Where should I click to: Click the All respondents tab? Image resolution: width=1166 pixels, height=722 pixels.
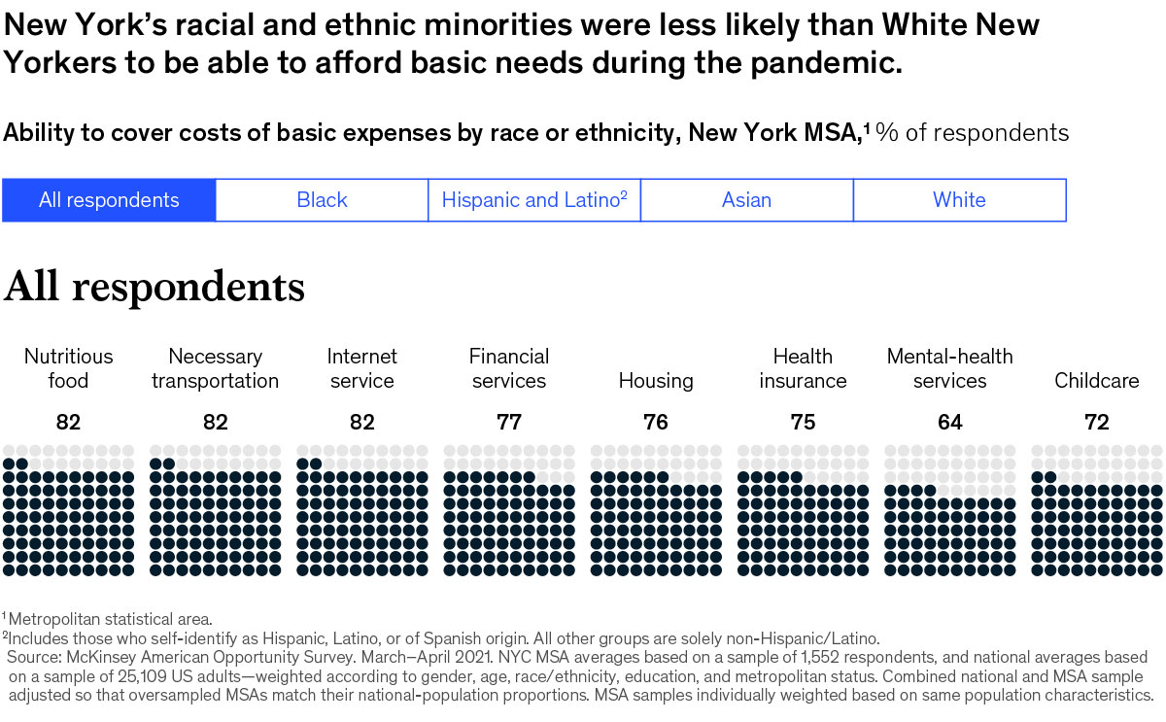click(109, 200)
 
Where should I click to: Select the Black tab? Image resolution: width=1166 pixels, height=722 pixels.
click(322, 200)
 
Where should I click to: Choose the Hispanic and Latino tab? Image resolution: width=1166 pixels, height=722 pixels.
click(533, 200)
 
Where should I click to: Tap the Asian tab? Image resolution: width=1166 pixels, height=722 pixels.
click(746, 200)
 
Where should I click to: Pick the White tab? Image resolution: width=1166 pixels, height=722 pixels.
click(959, 200)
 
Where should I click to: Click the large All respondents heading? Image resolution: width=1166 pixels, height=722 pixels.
click(154, 287)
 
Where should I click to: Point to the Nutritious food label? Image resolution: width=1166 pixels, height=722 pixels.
click(68, 368)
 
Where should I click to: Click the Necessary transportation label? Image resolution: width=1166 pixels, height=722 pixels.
click(215, 368)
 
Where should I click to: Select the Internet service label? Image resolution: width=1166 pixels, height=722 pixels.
click(361, 368)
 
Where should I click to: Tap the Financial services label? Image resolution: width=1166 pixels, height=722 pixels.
click(509, 368)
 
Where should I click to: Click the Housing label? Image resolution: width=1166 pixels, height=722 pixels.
click(656, 380)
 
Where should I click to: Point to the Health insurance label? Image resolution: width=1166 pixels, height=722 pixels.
click(803, 368)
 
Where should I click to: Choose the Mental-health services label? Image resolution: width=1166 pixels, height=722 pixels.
click(949, 368)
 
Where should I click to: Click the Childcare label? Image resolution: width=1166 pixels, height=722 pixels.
click(1097, 380)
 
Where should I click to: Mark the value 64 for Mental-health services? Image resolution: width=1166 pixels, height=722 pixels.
click(949, 423)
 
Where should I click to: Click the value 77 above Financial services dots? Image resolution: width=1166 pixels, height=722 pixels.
click(509, 423)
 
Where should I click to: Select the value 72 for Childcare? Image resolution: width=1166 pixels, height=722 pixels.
click(1097, 423)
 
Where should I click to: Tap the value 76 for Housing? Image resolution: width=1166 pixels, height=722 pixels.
click(656, 423)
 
